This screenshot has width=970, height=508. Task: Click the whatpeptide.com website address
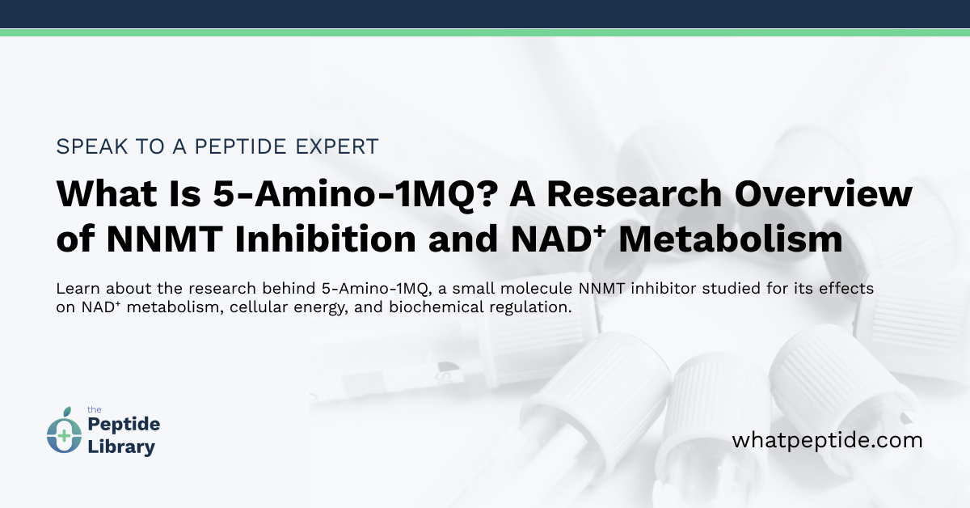(x=827, y=441)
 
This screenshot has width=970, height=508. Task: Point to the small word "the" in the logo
(x=93, y=410)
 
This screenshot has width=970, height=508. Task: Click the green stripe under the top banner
(x=485, y=32)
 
